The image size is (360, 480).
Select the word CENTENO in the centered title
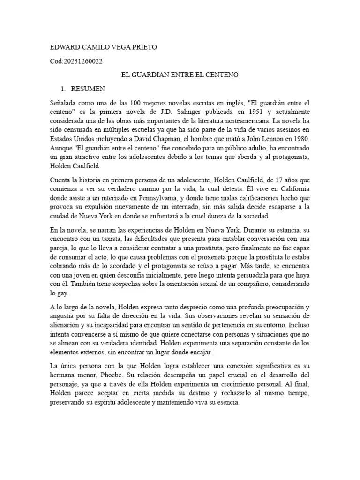pyautogui.click(x=222, y=75)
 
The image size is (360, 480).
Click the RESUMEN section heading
pyautogui.click(x=88, y=89)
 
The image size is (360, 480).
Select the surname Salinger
pyautogui.click(x=185, y=111)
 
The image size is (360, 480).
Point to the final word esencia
pyautogui.click(x=226, y=402)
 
